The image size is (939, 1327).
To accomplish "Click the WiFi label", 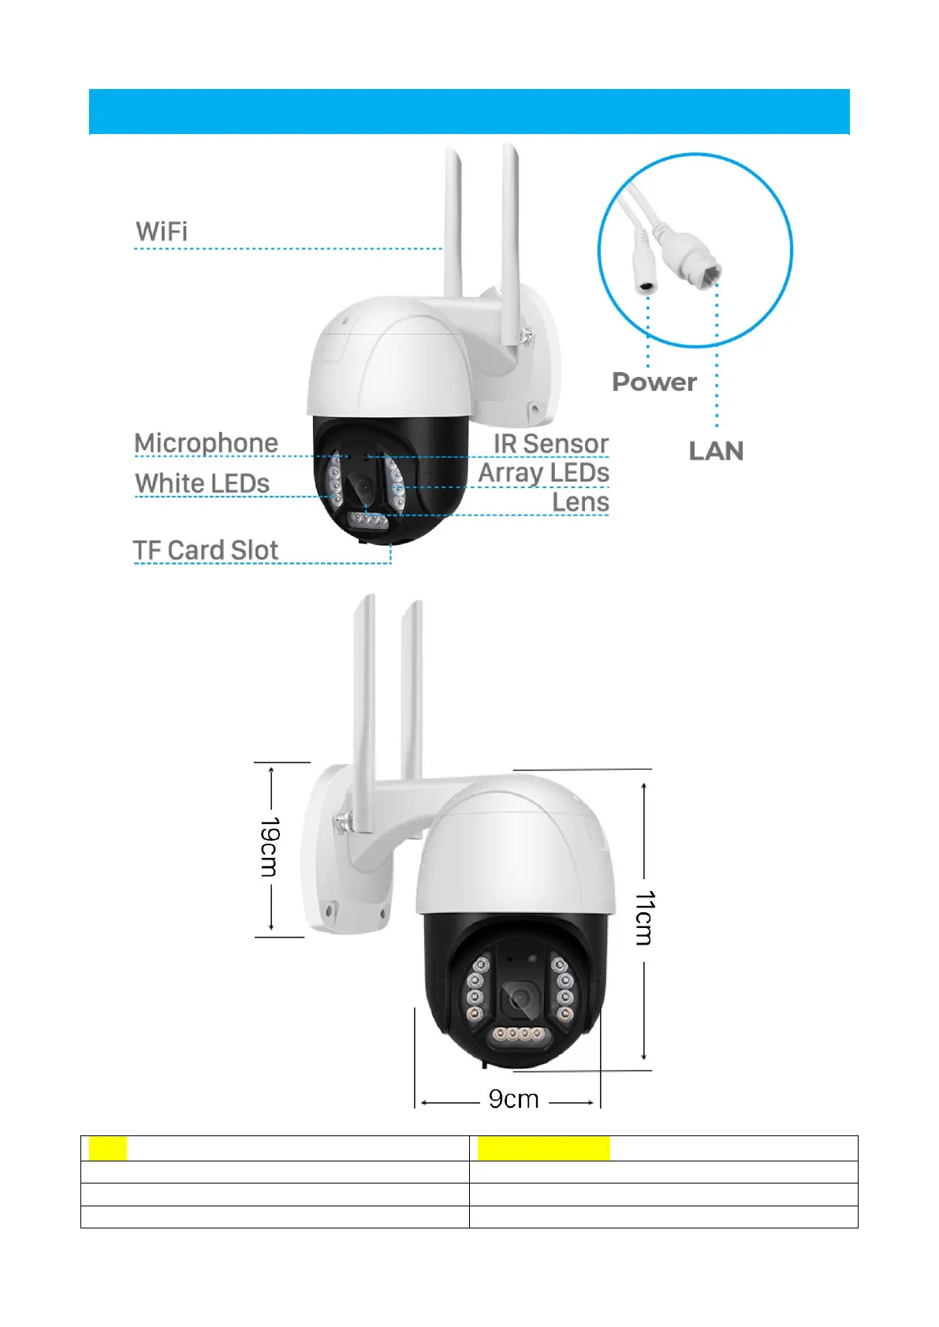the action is click(162, 232).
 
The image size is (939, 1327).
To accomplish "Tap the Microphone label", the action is click(206, 443).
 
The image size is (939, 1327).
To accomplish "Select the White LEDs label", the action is click(202, 483).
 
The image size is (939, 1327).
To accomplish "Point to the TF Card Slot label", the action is click(205, 550).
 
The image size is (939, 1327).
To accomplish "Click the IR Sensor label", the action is click(551, 444).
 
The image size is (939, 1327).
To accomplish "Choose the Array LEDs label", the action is click(543, 473).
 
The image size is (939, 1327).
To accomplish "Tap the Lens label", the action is click(580, 502).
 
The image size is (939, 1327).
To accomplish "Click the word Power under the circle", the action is click(654, 382).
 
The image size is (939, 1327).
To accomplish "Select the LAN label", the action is click(716, 451).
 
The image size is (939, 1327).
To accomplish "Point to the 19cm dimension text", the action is click(270, 847).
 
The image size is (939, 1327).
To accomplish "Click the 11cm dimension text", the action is click(645, 918).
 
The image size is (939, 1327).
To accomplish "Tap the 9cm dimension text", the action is click(513, 1099).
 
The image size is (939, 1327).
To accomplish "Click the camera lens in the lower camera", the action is click(520, 1000).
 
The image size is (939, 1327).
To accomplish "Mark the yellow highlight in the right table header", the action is click(543, 1148).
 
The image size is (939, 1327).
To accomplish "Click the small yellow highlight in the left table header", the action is click(107, 1148).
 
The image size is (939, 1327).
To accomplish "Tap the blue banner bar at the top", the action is click(469, 111).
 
